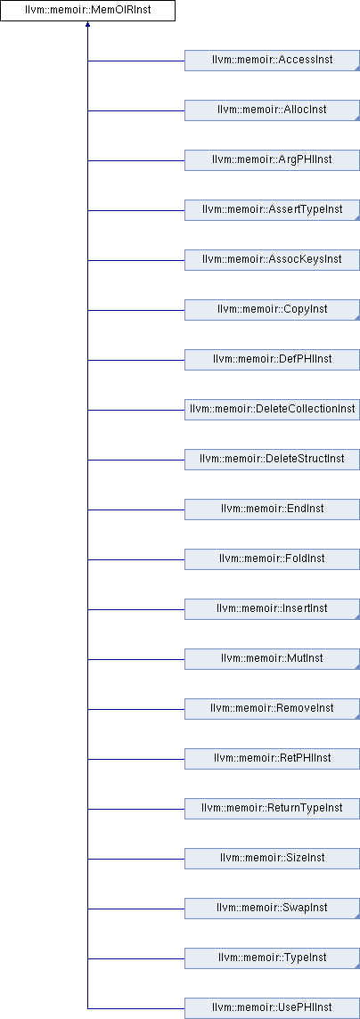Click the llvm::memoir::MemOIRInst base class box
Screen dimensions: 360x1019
tap(87, 11)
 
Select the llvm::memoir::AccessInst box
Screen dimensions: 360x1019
tap(273, 61)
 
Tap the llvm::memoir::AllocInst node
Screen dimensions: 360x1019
tap(273, 110)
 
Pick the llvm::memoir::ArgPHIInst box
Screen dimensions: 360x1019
tap(273, 160)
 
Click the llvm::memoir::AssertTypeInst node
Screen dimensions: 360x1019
tap(273, 210)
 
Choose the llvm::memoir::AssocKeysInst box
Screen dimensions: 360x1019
tap(273, 260)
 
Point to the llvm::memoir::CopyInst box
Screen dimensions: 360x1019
tap(273, 310)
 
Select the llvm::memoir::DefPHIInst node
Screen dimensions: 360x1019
tap(273, 360)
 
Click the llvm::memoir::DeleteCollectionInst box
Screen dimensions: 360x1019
tap(273, 410)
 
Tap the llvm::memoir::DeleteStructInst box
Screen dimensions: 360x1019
tap(273, 460)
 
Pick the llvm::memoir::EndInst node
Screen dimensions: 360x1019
tap(273, 509)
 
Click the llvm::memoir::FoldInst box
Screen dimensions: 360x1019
tap(273, 559)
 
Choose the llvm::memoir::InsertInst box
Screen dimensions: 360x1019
tap(273, 609)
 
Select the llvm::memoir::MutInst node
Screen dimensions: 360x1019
tap(273, 659)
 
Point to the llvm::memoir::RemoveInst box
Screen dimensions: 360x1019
tap(273, 709)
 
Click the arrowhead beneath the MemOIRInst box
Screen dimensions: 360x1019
tap(87, 25)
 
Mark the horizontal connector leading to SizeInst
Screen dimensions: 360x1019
tap(135, 859)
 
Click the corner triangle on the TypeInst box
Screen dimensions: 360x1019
tap(356, 965)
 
